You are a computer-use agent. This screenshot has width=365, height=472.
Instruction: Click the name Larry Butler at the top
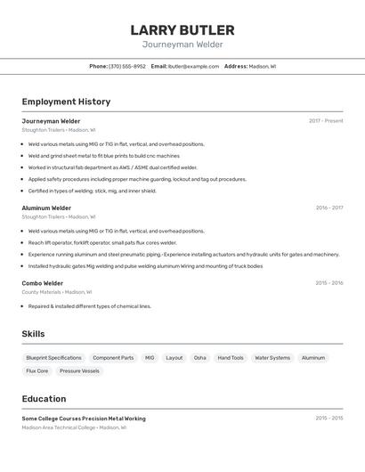click(182, 30)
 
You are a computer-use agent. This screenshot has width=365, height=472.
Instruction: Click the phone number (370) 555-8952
click(126, 66)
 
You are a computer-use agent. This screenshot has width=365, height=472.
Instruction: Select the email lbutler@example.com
click(193, 66)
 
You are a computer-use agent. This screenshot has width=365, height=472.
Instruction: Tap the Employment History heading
click(66, 102)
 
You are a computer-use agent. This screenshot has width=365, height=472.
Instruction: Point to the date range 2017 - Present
click(326, 121)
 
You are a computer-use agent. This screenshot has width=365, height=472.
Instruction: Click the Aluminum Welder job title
click(46, 208)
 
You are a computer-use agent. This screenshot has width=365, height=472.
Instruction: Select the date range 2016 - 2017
click(328, 208)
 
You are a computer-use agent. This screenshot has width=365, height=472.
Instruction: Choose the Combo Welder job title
click(43, 283)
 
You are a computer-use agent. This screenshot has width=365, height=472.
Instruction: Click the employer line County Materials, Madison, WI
click(56, 292)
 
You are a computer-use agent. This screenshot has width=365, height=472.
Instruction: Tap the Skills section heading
click(34, 334)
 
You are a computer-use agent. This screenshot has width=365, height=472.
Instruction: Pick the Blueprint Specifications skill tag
click(53, 358)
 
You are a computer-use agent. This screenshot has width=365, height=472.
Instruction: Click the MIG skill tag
click(150, 358)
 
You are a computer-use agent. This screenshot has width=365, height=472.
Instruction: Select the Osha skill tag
click(199, 358)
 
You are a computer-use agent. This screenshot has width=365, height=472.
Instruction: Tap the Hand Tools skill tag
click(231, 358)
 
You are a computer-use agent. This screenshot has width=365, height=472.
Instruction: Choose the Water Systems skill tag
click(272, 358)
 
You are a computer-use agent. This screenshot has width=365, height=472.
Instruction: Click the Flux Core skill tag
click(37, 370)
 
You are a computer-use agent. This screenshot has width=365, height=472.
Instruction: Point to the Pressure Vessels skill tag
click(79, 370)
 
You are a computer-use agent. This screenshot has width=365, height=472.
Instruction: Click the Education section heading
click(44, 399)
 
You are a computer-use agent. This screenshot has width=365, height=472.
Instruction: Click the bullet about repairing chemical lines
click(90, 306)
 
